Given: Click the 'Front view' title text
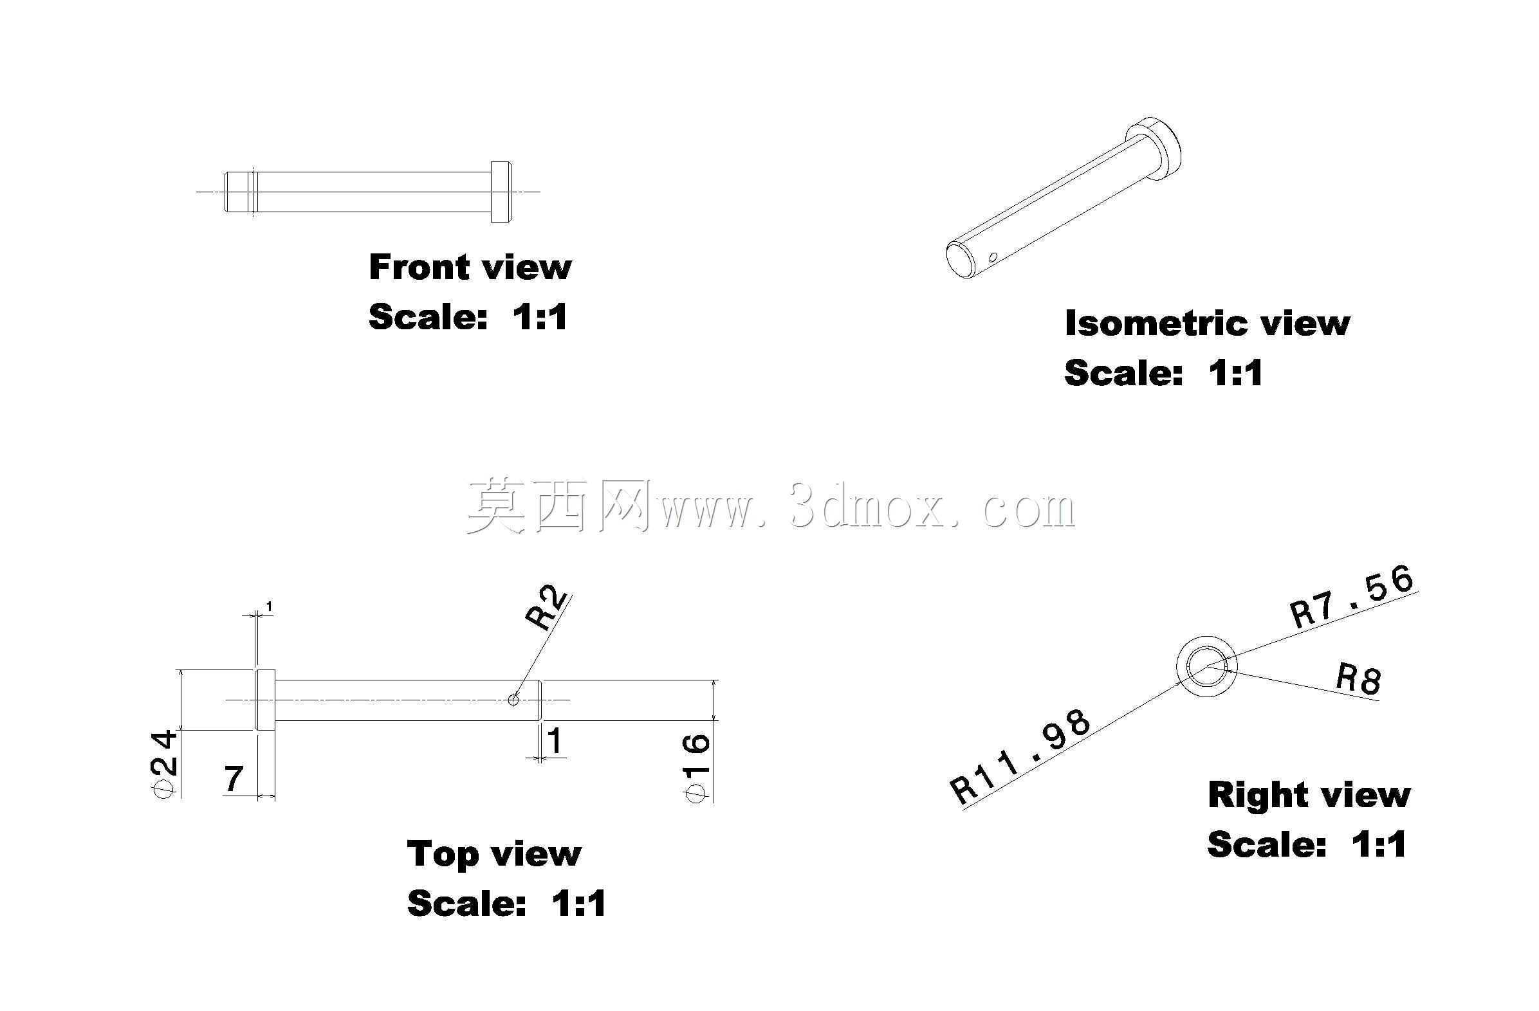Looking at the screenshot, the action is pos(470,267).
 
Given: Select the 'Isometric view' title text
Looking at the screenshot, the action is pos(1207,323).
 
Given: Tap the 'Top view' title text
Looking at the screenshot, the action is pos(494,853).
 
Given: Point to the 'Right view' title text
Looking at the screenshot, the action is pos(1309,794).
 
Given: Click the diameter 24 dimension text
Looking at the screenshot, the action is pos(162,763).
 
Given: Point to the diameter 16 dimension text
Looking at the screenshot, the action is pos(697,768).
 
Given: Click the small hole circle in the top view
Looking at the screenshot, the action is pos(513,700).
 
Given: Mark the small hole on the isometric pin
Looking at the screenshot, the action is pos(993,258).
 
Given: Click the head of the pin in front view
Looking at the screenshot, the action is pos(501,192).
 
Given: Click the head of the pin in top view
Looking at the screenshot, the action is pos(266,700).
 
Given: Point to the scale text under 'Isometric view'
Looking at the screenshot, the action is pos(1163,373).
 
